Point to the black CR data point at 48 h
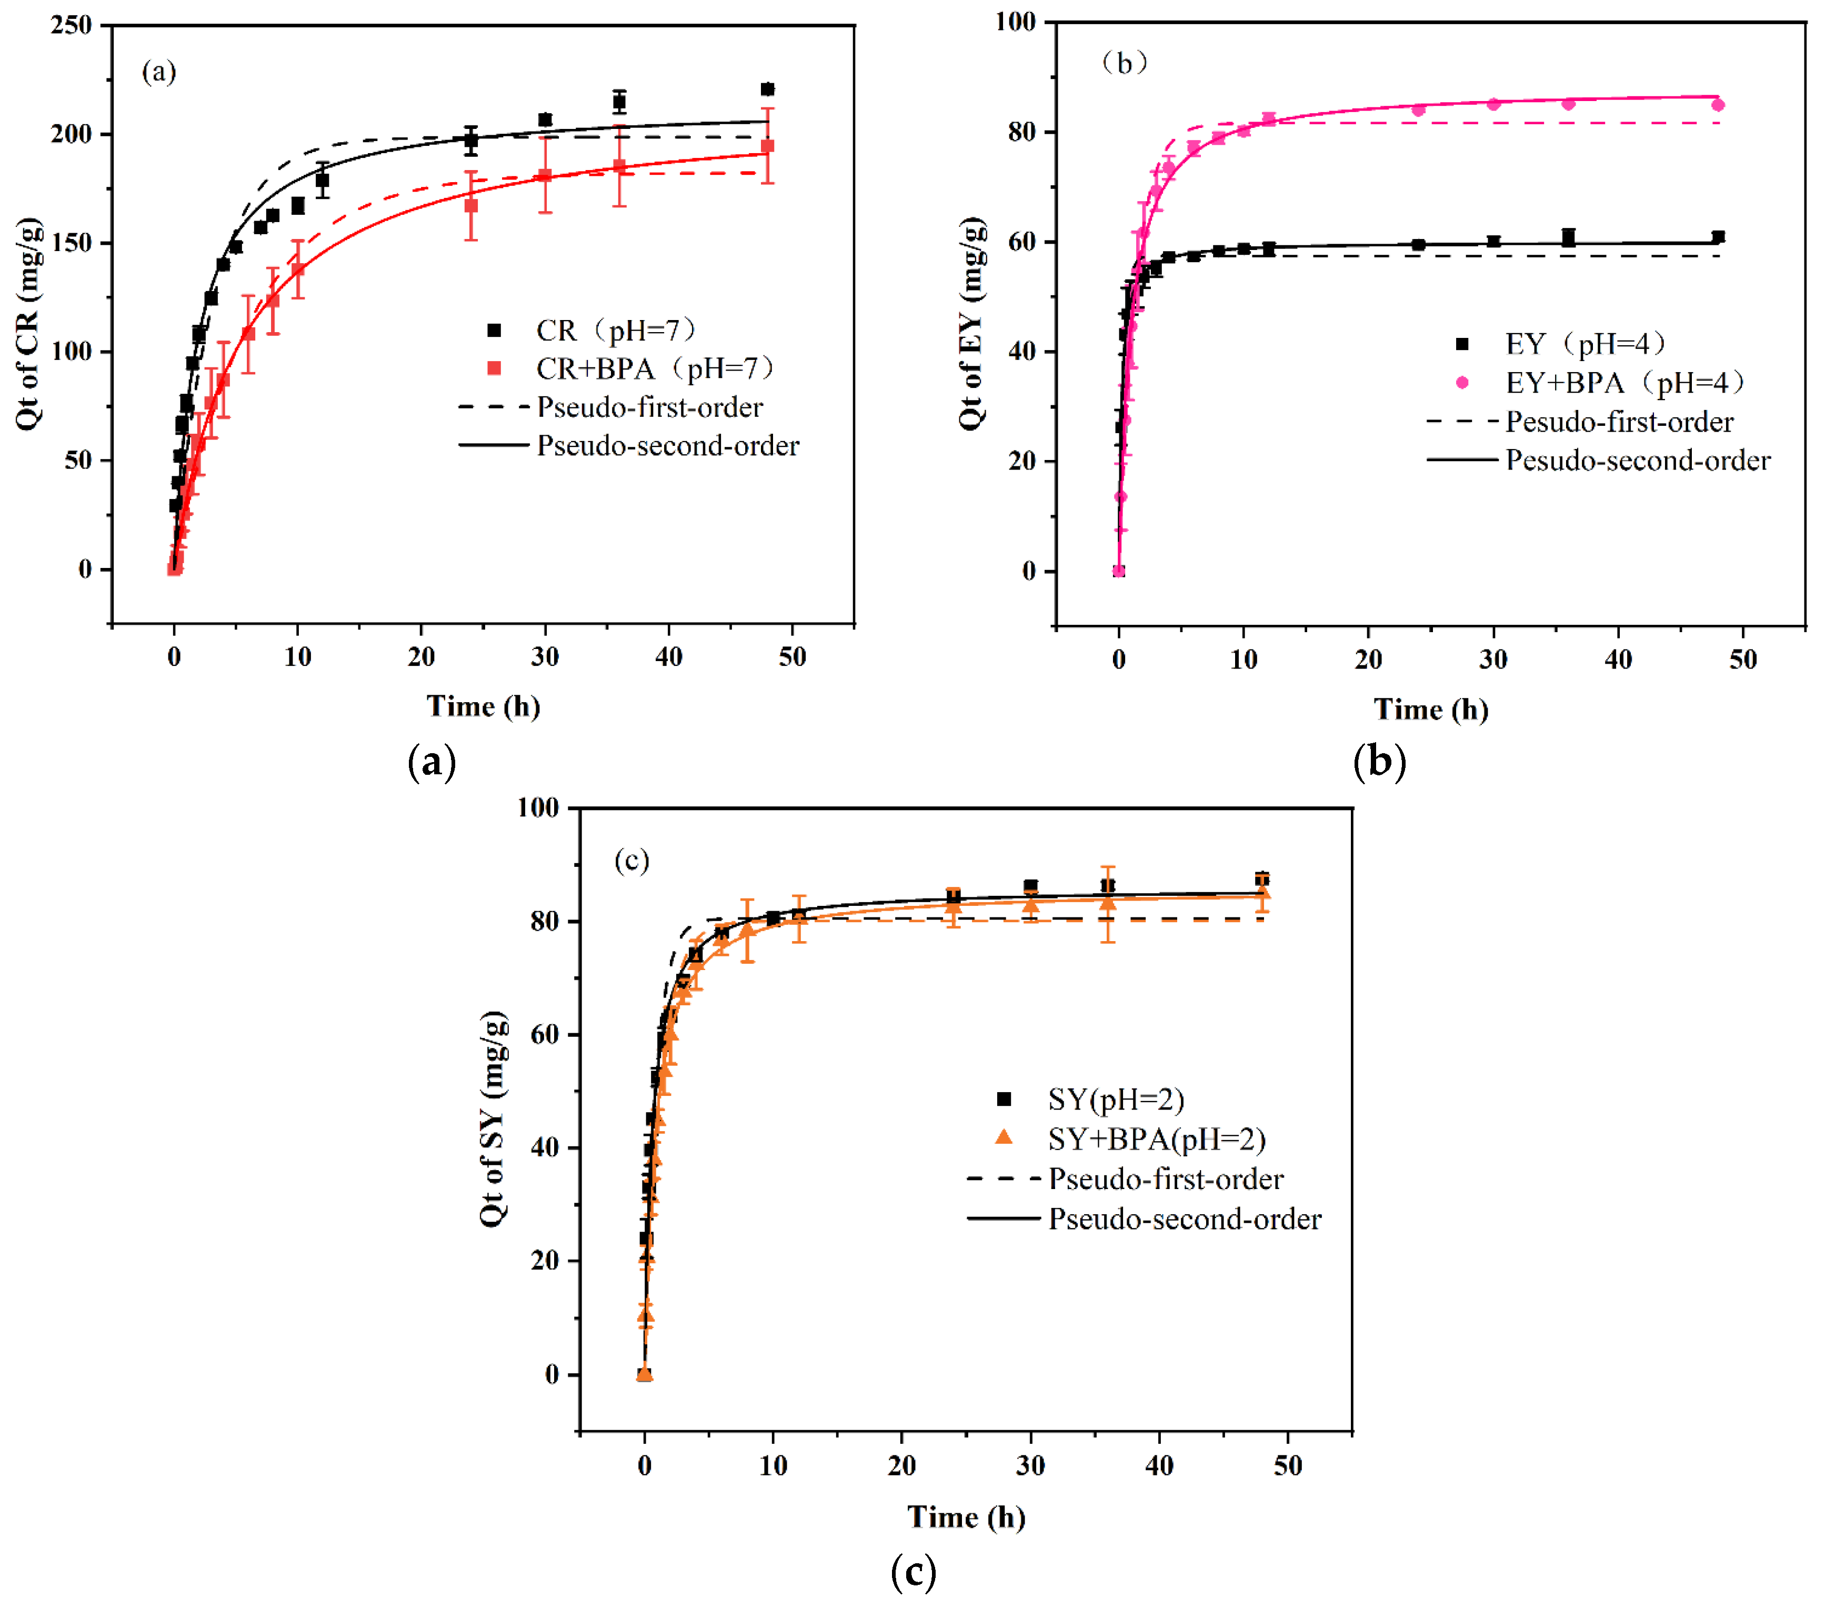tap(767, 89)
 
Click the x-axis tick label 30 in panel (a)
tap(545, 657)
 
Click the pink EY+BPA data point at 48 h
tap(1718, 105)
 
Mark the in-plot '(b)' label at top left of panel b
tap(1124, 63)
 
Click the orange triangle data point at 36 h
tap(1107, 903)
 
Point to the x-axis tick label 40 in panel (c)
tap(1159, 1465)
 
